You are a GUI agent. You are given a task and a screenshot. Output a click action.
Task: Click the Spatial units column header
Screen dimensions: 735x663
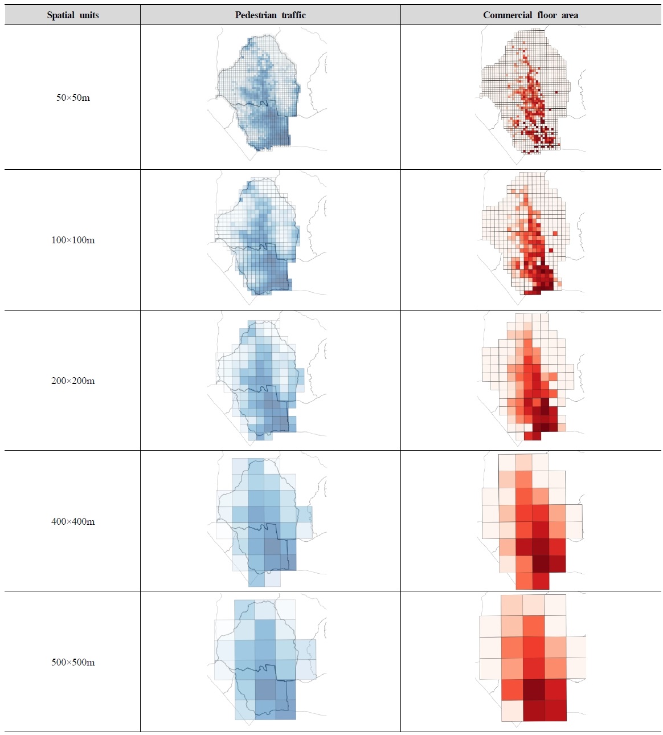[73, 15]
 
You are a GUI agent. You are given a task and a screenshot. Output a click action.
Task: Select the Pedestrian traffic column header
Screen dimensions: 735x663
[270, 15]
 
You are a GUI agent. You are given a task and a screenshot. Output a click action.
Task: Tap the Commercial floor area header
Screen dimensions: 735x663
[530, 15]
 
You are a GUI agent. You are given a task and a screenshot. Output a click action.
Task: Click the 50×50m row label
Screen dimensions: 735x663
[73, 97]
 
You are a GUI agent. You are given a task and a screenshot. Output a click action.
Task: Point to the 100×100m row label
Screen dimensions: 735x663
[73, 240]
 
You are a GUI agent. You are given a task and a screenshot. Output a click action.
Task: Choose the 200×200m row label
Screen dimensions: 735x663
[73, 381]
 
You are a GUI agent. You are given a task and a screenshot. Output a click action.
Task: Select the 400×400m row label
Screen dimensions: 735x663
[73, 521]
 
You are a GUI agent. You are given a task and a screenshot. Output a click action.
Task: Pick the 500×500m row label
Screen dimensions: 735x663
[73, 662]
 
